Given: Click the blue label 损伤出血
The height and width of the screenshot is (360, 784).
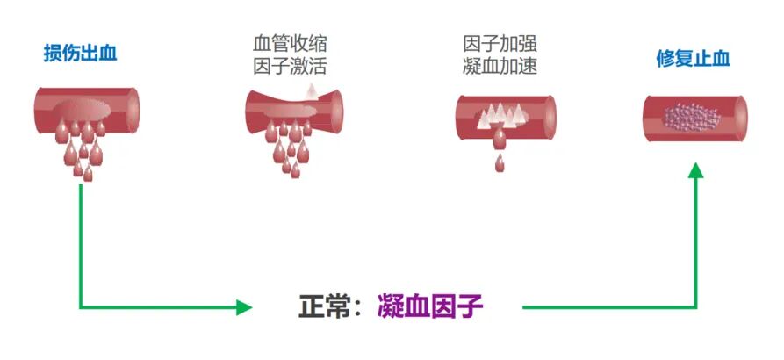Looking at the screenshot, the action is (x=80, y=54).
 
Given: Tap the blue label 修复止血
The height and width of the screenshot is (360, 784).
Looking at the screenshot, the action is (x=694, y=59).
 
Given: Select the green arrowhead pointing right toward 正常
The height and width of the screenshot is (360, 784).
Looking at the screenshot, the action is (x=243, y=307).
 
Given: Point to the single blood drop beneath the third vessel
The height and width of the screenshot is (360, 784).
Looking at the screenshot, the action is (x=500, y=163).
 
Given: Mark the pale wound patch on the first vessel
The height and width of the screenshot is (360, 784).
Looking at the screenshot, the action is (x=86, y=109).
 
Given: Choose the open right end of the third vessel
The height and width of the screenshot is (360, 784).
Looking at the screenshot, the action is (x=550, y=117).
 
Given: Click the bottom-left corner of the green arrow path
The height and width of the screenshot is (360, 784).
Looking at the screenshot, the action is (x=81, y=307).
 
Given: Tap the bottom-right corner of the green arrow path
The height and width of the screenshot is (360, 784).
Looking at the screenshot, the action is (x=695, y=307).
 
